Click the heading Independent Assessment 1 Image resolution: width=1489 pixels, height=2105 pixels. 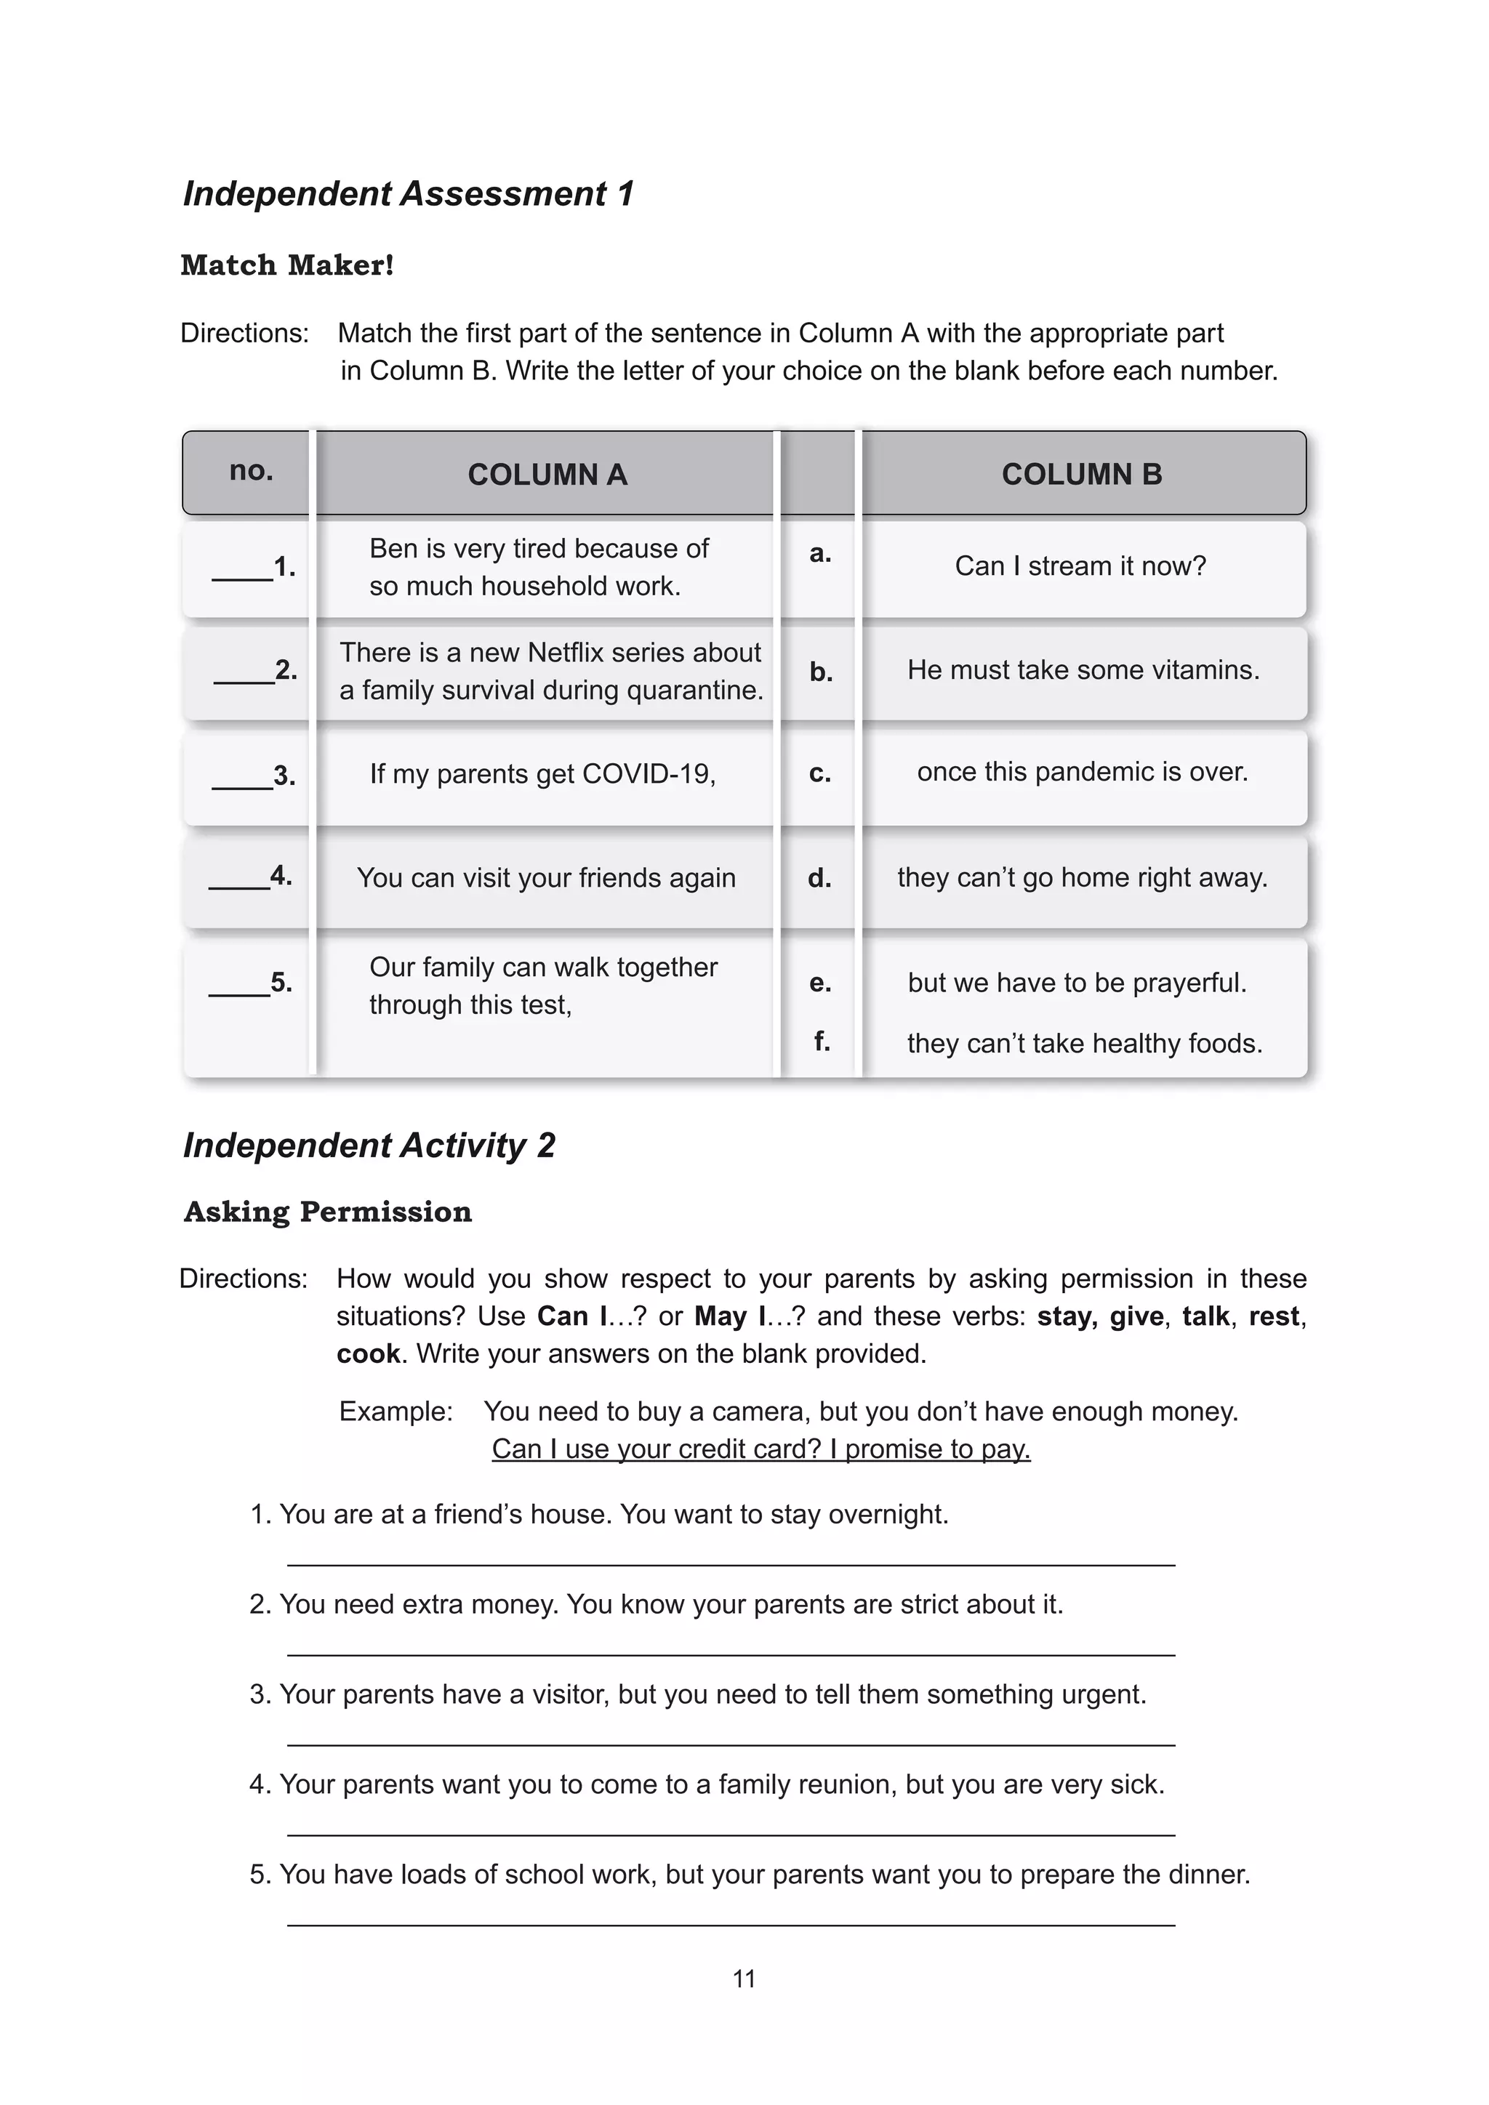408,193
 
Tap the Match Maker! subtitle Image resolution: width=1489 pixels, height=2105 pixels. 287,265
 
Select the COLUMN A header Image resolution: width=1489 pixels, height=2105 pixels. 547,474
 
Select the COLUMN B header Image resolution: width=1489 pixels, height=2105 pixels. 1082,474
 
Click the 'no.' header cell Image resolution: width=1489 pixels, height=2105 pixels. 250,470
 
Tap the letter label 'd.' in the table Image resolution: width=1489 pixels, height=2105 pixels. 819,878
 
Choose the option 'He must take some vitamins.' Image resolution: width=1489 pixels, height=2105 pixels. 1083,670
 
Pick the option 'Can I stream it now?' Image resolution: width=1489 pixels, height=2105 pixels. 1080,566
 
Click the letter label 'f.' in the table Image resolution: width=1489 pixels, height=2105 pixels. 822,1042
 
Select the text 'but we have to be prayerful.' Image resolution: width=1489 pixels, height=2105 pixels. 1077,983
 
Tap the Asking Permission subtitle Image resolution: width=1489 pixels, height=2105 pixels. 327,1212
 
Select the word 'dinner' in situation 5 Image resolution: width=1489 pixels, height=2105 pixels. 1208,1874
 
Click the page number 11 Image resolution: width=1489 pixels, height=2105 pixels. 744,1979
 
